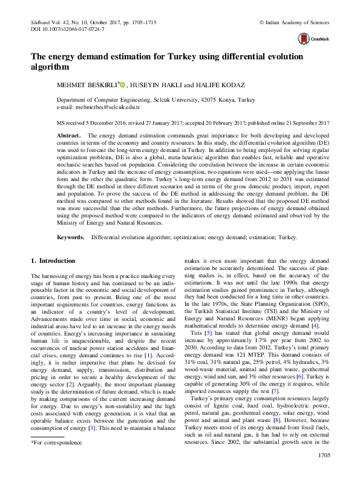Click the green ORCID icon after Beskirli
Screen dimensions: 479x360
(x=124, y=85)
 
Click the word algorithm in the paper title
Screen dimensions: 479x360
(x=51, y=67)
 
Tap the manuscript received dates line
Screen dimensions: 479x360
(x=188, y=121)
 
